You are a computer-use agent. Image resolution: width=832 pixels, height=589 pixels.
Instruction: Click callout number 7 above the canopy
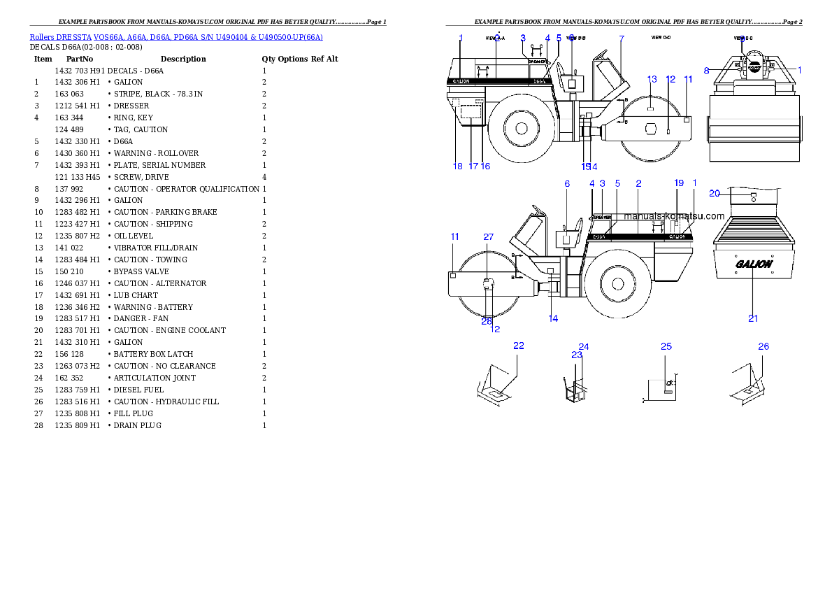(622, 38)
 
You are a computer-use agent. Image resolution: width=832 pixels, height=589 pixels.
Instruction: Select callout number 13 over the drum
(652, 79)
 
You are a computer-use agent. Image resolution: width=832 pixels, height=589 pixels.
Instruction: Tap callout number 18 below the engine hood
(458, 166)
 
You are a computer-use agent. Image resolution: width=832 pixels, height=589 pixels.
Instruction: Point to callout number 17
(473, 166)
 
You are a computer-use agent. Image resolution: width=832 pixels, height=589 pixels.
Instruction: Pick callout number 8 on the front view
(707, 70)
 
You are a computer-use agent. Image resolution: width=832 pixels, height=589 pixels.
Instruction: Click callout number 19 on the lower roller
(679, 183)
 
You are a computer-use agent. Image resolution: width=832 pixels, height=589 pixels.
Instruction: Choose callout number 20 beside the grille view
(715, 194)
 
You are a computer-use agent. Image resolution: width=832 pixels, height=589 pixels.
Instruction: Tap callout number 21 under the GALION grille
(753, 318)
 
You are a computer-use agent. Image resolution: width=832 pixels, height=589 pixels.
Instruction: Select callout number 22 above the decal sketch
(519, 346)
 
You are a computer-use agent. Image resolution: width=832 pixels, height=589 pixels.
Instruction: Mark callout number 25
(666, 346)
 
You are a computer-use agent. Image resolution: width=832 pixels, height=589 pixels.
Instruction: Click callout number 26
(763, 346)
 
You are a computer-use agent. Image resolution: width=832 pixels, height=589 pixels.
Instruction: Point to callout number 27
(488, 237)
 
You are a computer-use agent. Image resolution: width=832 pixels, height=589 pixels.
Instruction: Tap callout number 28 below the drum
(487, 321)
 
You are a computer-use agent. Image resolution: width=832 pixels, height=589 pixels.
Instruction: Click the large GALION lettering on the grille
(754, 264)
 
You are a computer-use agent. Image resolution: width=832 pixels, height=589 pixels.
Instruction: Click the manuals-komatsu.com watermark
(674, 216)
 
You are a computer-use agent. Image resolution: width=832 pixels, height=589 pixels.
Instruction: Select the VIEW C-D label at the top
(661, 36)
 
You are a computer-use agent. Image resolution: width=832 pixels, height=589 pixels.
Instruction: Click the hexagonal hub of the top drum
(651, 129)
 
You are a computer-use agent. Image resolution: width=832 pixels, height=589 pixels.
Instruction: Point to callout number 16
(485, 166)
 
